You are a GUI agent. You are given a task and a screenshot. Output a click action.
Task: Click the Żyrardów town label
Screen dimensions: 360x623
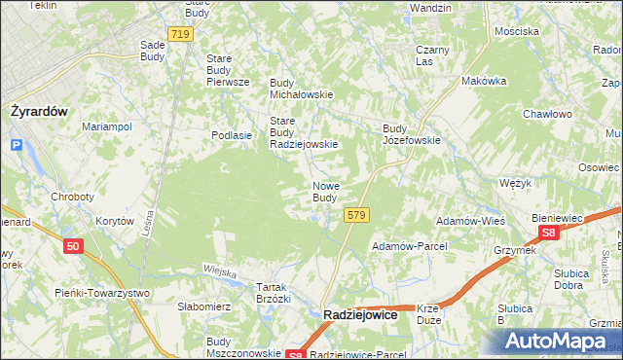(x=39, y=111)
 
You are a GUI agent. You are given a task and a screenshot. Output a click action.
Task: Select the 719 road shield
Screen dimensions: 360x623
(x=179, y=34)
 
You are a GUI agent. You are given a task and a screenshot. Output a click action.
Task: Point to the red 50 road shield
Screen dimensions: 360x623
(x=74, y=247)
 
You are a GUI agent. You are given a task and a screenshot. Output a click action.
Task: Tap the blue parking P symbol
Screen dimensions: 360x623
(x=16, y=146)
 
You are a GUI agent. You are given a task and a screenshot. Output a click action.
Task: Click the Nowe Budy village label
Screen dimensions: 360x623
(x=325, y=192)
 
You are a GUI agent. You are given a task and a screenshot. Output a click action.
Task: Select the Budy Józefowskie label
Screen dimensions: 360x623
(x=412, y=133)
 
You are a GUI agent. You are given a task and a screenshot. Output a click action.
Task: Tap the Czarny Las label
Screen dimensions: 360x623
(x=431, y=55)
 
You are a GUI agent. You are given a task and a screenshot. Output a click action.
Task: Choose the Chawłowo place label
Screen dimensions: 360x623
(x=547, y=114)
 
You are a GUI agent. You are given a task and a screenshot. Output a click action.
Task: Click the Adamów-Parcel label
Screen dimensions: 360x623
(x=407, y=246)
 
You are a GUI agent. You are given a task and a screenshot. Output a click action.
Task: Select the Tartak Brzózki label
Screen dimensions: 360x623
(x=274, y=293)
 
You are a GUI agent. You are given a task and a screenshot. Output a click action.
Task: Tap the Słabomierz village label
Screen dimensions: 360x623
(x=203, y=306)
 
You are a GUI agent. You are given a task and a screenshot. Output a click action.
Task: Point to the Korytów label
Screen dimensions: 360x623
(x=114, y=222)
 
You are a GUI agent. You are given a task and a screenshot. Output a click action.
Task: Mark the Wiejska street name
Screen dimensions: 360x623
(x=220, y=271)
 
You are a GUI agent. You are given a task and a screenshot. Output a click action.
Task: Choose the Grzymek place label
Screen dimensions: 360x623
(x=514, y=250)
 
